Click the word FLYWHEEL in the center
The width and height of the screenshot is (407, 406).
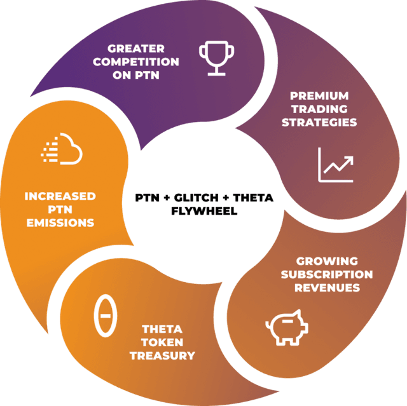(204, 210)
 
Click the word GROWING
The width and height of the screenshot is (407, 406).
(327, 261)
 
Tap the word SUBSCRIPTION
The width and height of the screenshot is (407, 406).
(327, 274)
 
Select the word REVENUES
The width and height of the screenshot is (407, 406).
(327, 288)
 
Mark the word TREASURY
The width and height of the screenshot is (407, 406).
(162, 356)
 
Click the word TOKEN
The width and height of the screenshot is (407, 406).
(162, 342)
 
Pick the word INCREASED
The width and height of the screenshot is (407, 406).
(60, 196)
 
